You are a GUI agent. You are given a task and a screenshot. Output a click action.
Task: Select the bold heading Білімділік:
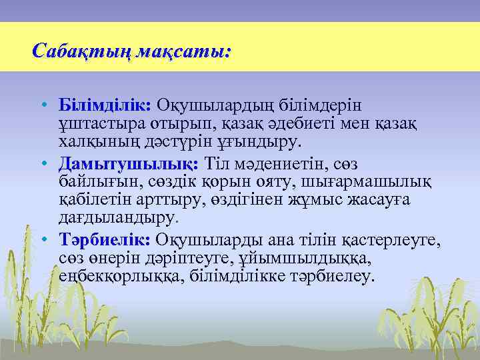pos(106,106)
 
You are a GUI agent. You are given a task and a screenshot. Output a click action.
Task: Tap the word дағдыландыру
pos(117,218)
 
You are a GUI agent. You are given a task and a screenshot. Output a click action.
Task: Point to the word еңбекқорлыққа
pos(113,276)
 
